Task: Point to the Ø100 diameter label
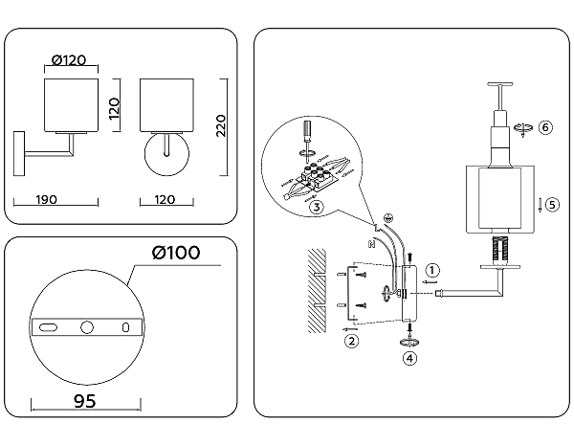click(x=175, y=253)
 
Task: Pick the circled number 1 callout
click(x=432, y=271)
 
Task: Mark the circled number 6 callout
click(x=545, y=128)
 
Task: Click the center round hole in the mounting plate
click(x=86, y=327)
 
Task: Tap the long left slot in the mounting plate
click(x=47, y=327)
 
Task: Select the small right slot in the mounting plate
click(x=125, y=327)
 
